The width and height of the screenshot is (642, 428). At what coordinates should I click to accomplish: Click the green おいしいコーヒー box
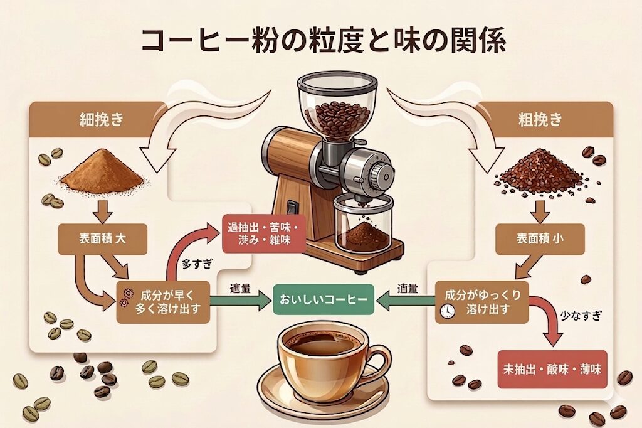tap(324, 300)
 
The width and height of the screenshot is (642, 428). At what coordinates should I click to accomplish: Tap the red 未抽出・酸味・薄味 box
tap(552, 369)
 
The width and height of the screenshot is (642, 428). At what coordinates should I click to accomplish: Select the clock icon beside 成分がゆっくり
tap(446, 312)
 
